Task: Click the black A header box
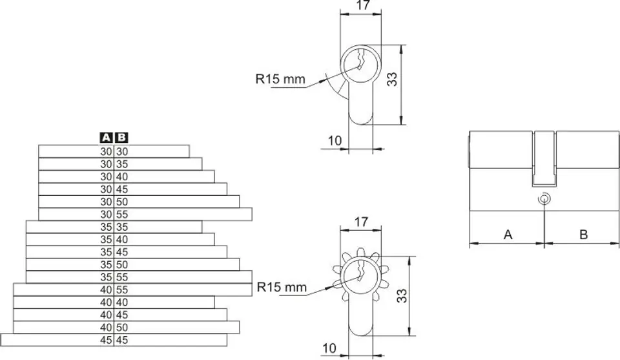click(x=106, y=138)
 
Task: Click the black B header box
click(x=122, y=138)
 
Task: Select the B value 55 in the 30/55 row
click(x=122, y=215)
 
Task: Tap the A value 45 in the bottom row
click(x=106, y=340)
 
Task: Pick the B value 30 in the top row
click(x=122, y=151)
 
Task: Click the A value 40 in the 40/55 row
click(x=106, y=290)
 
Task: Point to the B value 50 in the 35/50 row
click(x=122, y=264)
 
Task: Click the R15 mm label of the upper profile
click(x=280, y=79)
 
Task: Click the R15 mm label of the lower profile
click(x=282, y=287)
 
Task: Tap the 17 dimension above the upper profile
click(x=363, y=5)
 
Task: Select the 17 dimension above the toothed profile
click(x=362, y=222)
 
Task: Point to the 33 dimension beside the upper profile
click(x=392, y=79)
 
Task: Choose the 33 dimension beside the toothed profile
click(x=401, y=296)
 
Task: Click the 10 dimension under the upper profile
click(x=335, y=140)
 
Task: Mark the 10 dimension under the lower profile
click(x=329, y=348)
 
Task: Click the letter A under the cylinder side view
click(x=508, y=235)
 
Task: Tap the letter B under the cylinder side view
click(x=584, y=235)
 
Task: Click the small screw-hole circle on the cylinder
click(x=544, y=198)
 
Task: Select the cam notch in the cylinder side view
click(x=544, y=158)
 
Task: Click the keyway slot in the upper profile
click(x=360, y=59)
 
